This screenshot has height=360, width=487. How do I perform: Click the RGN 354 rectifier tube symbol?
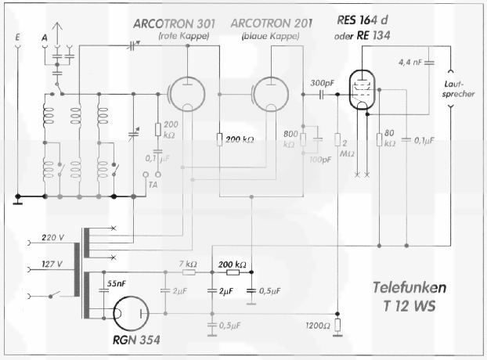pyautogui.click(x=129, y=313)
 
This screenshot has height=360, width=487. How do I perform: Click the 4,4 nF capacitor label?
pyautogui.click(x=413, y=61)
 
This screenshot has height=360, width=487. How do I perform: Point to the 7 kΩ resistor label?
pyautogui.click(x=189, y=264)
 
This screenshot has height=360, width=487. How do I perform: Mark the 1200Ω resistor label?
pyautogui.click(x=315, y=325)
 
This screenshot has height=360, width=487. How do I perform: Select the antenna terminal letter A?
pyautogui.click(x=43, y=37)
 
